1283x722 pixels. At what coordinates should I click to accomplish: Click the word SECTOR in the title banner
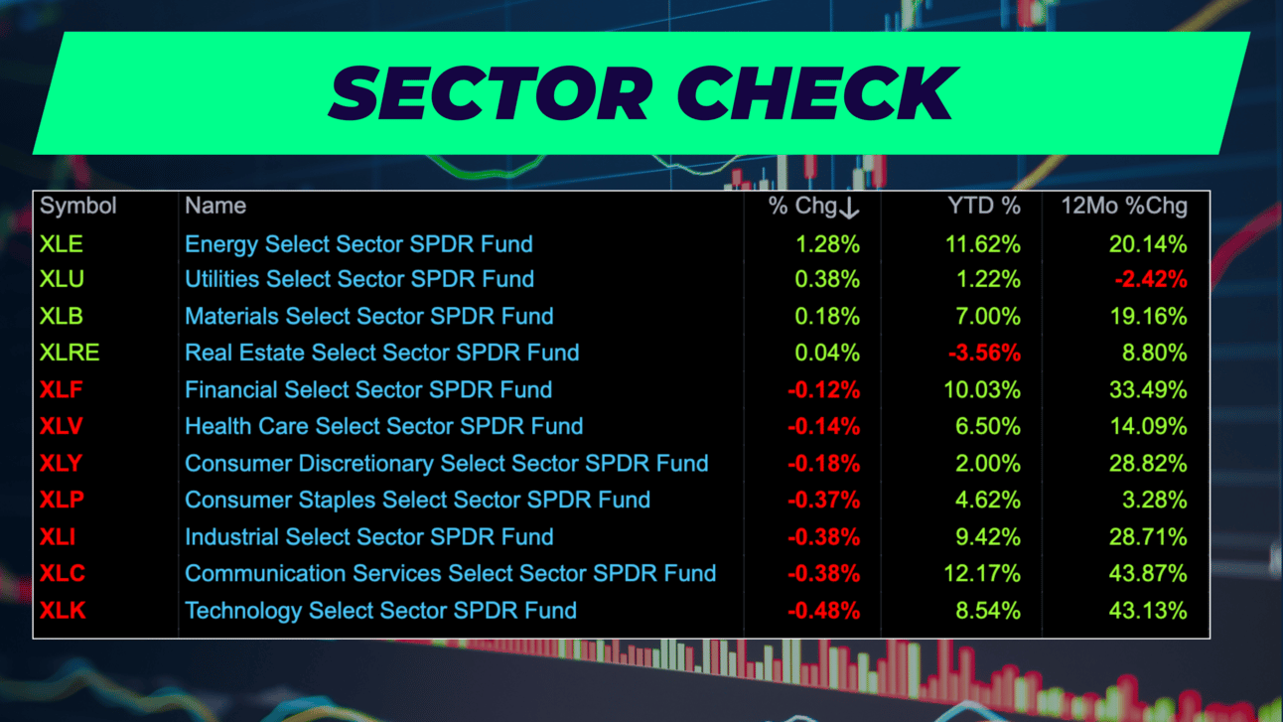(x=492, y=92)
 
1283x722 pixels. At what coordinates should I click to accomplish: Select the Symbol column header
(x=77, y=206)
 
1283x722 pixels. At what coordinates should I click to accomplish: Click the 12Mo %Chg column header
(x=1124, y=206)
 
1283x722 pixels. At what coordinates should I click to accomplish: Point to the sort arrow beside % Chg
(x=849, y=208)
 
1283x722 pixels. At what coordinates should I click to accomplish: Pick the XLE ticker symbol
(x=62, y=244)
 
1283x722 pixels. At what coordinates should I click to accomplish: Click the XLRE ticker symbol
(x=70, y=353)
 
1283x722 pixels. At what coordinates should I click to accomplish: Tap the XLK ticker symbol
(x=63, y=610)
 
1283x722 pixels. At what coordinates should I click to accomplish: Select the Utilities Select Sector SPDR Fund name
(x=359, y=279)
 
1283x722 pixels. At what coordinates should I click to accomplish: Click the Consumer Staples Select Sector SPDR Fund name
(x=417, y=500)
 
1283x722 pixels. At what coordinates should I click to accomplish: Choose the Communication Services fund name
(x=450, y=573)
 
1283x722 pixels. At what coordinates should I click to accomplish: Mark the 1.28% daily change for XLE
(x=827, y=244)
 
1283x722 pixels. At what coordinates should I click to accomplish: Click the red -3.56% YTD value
(x=984, y=353)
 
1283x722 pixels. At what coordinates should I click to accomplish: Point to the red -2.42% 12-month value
(x=1151, y=280)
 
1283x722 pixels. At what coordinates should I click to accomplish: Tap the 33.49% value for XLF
(x=1148, y=390)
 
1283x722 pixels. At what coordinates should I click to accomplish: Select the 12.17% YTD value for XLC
(x=982, y=574)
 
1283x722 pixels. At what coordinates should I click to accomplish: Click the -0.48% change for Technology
(x=823, y=611)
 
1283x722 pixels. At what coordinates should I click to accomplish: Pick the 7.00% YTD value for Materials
(x=988, y=316)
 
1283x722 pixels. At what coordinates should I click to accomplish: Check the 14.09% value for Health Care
(x=1148, y=427)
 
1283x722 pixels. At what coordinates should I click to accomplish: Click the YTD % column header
(x=984, y=206)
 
